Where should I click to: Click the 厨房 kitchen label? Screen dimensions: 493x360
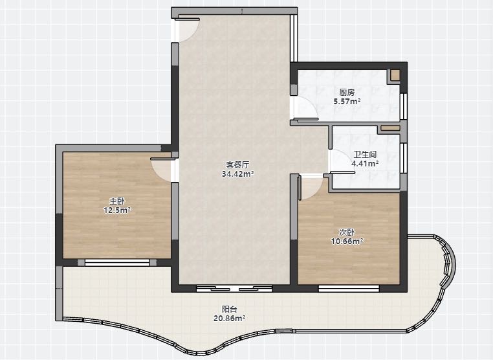[347, 93]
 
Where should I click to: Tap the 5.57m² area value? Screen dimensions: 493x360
[347, 101]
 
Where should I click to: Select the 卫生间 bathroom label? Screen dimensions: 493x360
[365, 155]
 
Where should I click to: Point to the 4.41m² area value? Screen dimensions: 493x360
[365, 164]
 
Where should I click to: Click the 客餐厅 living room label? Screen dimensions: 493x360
[237, 164]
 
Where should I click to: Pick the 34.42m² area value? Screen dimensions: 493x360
[237, 174]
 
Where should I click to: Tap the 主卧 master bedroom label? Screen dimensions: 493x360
[117, 201]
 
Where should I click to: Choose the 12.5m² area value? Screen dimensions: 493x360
[117, 210]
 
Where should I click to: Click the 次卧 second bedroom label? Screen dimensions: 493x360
[347, 232]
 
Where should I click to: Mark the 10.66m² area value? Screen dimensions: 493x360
[347, 242]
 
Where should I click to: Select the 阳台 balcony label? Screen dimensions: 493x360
[230, 309]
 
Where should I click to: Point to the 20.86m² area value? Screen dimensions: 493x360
[230, 319]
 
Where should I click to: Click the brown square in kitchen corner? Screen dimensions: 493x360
[395, 74]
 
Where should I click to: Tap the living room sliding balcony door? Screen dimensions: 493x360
[234, 288]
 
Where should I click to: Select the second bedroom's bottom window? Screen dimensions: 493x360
[349, 288]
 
